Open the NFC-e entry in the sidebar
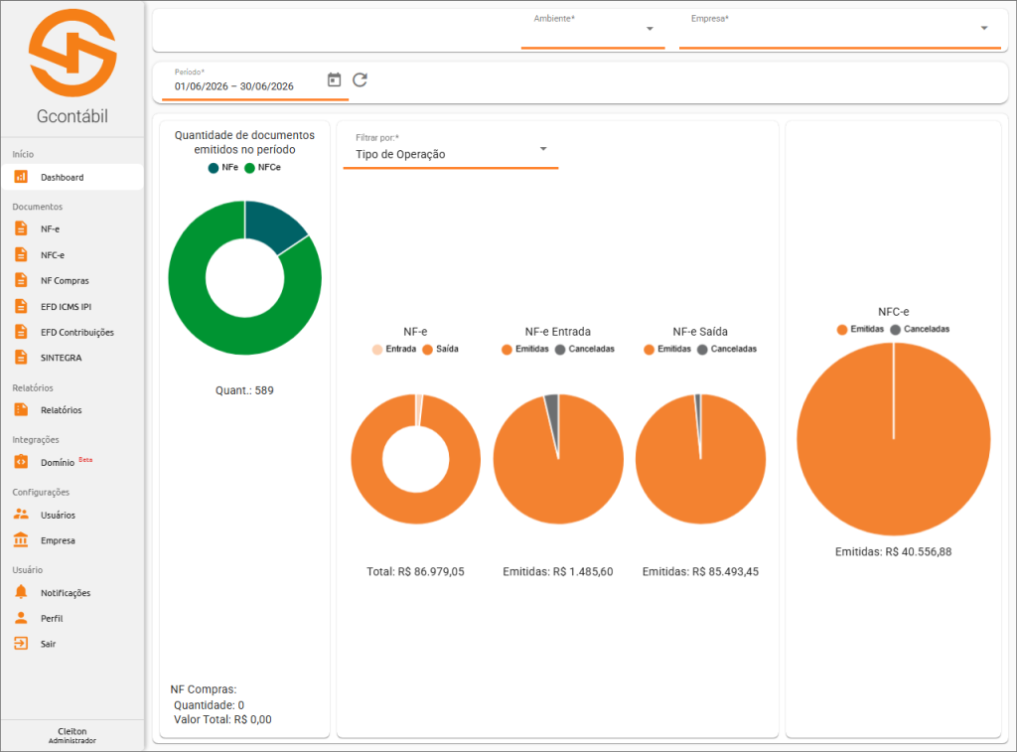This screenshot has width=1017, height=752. (x=53, y=255)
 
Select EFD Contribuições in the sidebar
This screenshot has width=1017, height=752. (x=76, y=332)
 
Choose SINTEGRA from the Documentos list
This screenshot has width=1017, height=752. (x=61, y=358)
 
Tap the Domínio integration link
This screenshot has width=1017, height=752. (x=58, y=463)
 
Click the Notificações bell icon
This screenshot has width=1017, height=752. (x=22, y=592)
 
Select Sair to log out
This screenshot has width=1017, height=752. (x=48, y=644)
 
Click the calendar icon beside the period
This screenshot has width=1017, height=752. (x=334, y=79)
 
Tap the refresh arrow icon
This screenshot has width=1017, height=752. (x=360, y=79)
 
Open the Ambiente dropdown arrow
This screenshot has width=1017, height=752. (x=650, y=29)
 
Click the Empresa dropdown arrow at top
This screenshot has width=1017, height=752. (x=984, y=29)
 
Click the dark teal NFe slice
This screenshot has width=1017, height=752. (x=272, y=223)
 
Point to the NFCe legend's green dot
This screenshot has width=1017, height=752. (x=249, y=168)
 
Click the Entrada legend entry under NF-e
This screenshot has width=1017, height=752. (x=394, y=349)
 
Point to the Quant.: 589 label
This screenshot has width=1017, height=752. (x=244, y=390)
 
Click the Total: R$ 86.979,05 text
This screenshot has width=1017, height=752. (x=415, y=571)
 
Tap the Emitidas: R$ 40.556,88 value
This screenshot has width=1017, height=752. (x=893, y=552)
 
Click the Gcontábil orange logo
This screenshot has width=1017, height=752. (x=73, y=53)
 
